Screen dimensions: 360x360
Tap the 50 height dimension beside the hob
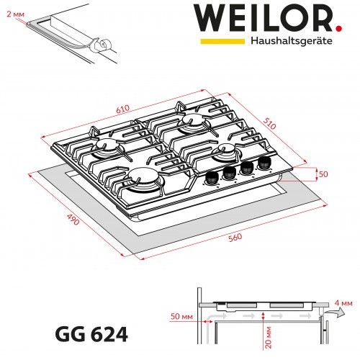click(x=323, y=174)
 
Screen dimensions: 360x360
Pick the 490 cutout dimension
click(x=73, y=221)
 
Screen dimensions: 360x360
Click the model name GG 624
click(x=91, y=335)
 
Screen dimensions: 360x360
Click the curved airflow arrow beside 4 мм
click(x=332, y=315)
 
